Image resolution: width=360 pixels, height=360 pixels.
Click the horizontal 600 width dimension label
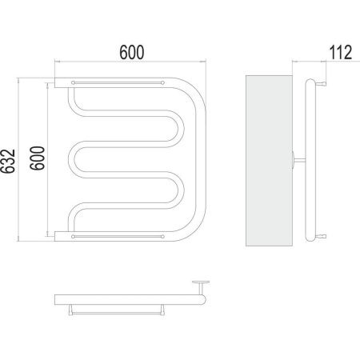tap(132, 53)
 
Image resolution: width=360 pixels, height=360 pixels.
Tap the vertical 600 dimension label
tap(37, 158)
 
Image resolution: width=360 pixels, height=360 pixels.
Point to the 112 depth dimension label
tap(341, 52)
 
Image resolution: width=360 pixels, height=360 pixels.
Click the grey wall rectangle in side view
tap(269, 161)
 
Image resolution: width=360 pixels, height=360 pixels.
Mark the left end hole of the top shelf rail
tap(73, 82)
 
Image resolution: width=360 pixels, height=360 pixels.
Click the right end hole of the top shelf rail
tap(162, 82)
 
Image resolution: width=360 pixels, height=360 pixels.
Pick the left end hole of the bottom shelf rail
tap(73, 236)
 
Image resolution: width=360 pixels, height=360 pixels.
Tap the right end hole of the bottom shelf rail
tap(162, 236)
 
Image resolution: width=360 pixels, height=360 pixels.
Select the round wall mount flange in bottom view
tap(201, 282)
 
